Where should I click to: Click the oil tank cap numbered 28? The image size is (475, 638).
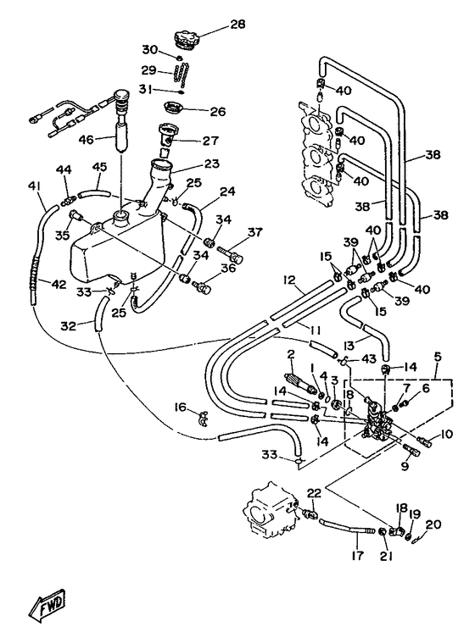coord(186,40)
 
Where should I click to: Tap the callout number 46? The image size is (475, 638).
coord(87,139)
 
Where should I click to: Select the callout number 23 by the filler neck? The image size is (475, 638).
coord(212,164)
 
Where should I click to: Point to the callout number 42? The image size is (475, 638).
coord(59,284)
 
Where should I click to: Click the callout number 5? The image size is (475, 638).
coord(438,358)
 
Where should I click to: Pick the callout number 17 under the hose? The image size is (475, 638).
coord(357,556)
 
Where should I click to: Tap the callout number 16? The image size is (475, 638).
coord(180,407)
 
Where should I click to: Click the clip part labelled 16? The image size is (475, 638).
coord(203,419)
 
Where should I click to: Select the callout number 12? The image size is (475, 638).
coord(289,280)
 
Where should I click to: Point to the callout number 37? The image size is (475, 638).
coord(255,232)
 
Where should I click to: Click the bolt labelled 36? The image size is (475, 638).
coord(202,286)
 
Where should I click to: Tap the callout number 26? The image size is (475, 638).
coord(217,112)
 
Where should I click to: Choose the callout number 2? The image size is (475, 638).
coord(290,353)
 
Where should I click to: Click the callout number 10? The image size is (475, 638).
coord(446,434)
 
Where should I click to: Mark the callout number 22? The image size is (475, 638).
coord(314,493)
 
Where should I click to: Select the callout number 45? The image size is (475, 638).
coord(100,166)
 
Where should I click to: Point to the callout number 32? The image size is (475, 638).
coord(69,326)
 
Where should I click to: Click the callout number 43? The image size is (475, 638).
coord(369,359)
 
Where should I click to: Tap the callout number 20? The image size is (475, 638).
coord(433,524)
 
